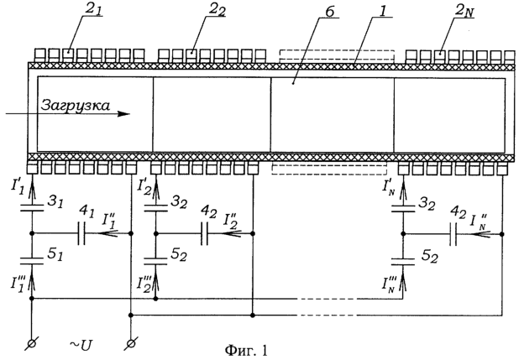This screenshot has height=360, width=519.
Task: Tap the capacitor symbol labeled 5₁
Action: click(x=32, y=259)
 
